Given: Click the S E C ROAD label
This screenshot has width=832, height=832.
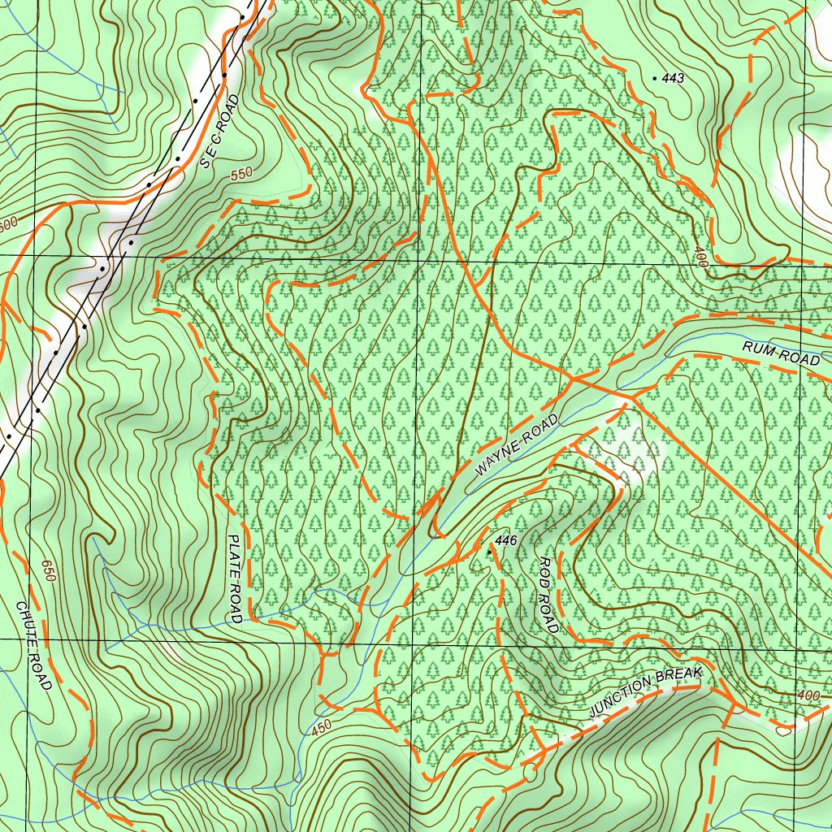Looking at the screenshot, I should (x=219, y=132).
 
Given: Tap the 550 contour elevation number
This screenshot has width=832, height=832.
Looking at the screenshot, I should (x=240, y=174).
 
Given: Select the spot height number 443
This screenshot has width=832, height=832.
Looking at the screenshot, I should (x=674, y=79).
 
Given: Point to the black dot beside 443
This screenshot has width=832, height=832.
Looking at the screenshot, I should (x=656, y=78).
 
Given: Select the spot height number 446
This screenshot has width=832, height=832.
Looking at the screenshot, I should (x=505, y=540).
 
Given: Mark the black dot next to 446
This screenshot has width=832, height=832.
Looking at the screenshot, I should (x=489, y=551).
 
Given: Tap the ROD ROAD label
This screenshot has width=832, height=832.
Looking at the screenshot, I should (x=549, y=595).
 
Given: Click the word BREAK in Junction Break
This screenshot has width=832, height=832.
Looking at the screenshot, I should (x=678, y=677).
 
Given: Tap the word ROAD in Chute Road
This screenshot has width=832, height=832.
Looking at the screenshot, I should (x=44, y=672).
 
